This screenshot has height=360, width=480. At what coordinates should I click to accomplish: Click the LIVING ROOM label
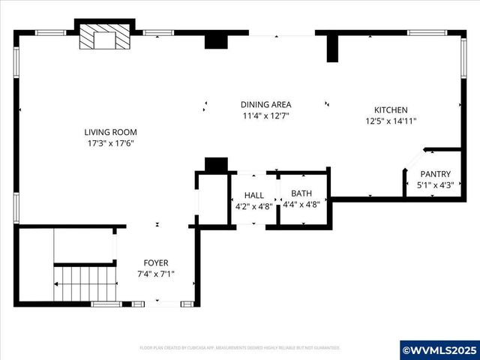click(x=109, y=132)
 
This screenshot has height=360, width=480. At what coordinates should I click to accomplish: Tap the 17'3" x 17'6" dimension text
click(x=109, y=143)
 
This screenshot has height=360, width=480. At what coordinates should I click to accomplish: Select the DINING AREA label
click(x=265, y=104)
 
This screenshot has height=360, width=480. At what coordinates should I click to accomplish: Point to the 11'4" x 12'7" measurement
click(x=265, y=116)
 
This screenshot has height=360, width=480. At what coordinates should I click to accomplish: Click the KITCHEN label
click(x=391, y=109)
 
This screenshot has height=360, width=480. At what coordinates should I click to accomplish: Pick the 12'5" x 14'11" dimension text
click(x=391, y=121)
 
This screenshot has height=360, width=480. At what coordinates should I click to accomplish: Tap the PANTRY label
click(x=435, y=174)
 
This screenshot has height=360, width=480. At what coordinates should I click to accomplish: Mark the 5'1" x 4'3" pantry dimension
click(x=435, y=185)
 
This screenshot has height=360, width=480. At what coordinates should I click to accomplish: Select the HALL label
click(x=253, y=195)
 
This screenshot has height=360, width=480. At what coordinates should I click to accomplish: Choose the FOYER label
click(x=156, y=262)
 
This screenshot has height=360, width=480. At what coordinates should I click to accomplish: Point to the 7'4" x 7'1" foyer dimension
click(x=156, y=274)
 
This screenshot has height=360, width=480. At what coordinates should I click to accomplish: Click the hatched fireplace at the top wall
click(x=104, y=37)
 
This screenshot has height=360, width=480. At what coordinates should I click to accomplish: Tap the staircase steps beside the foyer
click(x=85, y=283)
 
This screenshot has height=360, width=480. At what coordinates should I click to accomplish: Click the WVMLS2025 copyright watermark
click(x=439, y=349)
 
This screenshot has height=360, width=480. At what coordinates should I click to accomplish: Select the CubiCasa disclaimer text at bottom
click(x=240, y=347)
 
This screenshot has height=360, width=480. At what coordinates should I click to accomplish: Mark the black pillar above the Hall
click(x=216, y=165)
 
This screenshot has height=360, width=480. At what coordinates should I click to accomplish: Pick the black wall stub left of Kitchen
click(x=332, y=47)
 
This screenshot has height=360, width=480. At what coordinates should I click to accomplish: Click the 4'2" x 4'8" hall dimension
click(x=253, y=206)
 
